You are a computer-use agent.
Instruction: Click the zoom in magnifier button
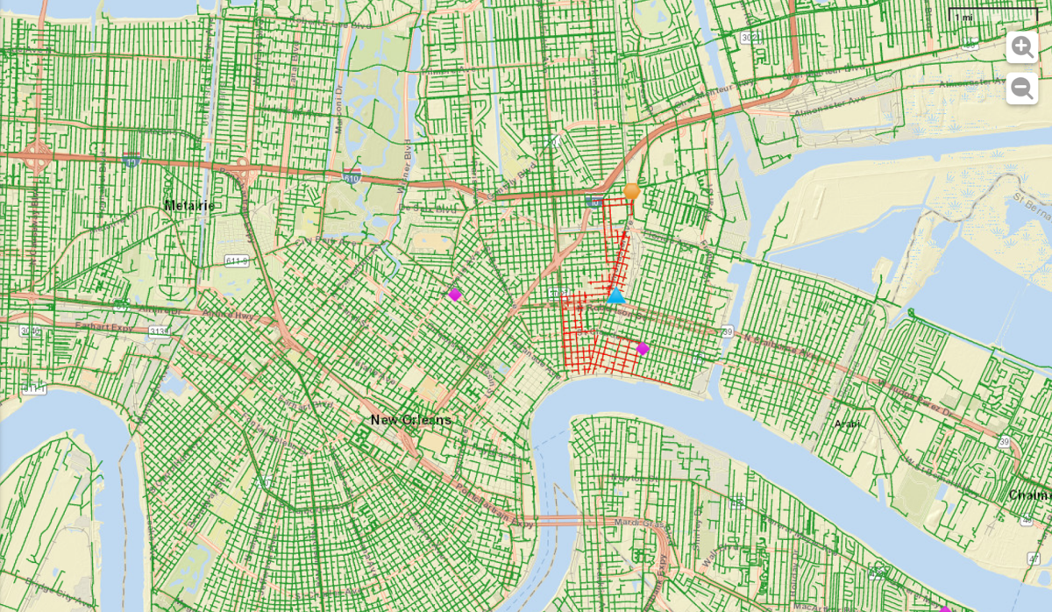coord(1021,47)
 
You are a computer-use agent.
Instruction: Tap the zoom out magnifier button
coord(1021,89)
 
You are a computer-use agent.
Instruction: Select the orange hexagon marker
coord(631,191)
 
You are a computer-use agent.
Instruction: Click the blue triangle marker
coord(616,295)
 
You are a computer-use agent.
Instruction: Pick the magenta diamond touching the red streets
coord(643,348)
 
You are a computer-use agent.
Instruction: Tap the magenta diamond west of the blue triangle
coord(454,295)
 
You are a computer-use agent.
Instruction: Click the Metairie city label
coord(190,205)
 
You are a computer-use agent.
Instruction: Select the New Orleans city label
coord(410,420)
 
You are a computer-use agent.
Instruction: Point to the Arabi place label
coord(848,423)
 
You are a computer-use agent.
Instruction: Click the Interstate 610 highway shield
coord(352,174)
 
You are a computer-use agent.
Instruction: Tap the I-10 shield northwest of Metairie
coord(131,160)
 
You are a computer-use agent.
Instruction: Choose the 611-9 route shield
coord(236,261)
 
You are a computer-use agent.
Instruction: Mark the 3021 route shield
coord(750,38)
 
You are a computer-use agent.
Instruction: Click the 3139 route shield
coord(160,331)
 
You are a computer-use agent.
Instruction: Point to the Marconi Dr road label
coord(339,114)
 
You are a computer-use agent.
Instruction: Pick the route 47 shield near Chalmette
coord(1025,521)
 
